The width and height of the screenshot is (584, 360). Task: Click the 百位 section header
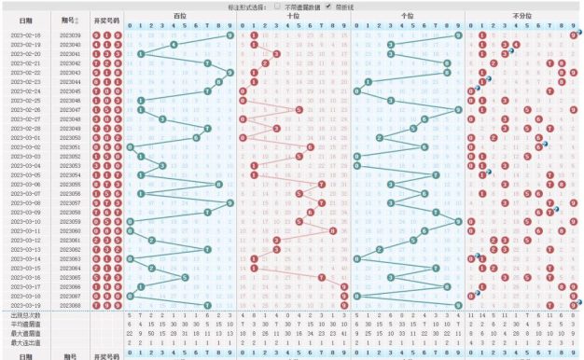(179, 16)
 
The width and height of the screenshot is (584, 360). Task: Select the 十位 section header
(294, 16)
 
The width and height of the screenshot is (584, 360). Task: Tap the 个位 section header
(408, 16)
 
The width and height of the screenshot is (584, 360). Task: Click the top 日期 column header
(27, 21)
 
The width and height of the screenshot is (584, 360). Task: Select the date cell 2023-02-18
(27, 35)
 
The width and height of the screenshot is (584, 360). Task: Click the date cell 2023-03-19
(27, 305)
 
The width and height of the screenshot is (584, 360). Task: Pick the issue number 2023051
(70, 147)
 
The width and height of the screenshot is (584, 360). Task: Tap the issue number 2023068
(70, 305)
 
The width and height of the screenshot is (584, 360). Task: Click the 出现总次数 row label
(27, 315)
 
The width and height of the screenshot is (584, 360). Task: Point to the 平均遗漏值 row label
(27, 325)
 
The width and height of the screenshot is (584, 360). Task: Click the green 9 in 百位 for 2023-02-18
(230, 35)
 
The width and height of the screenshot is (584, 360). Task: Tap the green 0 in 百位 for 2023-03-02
(129, 147)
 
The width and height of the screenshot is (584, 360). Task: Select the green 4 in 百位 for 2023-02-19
(174, 45)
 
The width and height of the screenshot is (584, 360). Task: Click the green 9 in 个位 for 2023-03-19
(459, 305)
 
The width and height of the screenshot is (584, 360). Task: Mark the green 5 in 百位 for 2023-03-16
(186, 277)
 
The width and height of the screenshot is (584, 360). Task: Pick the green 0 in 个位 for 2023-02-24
(356, 91)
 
